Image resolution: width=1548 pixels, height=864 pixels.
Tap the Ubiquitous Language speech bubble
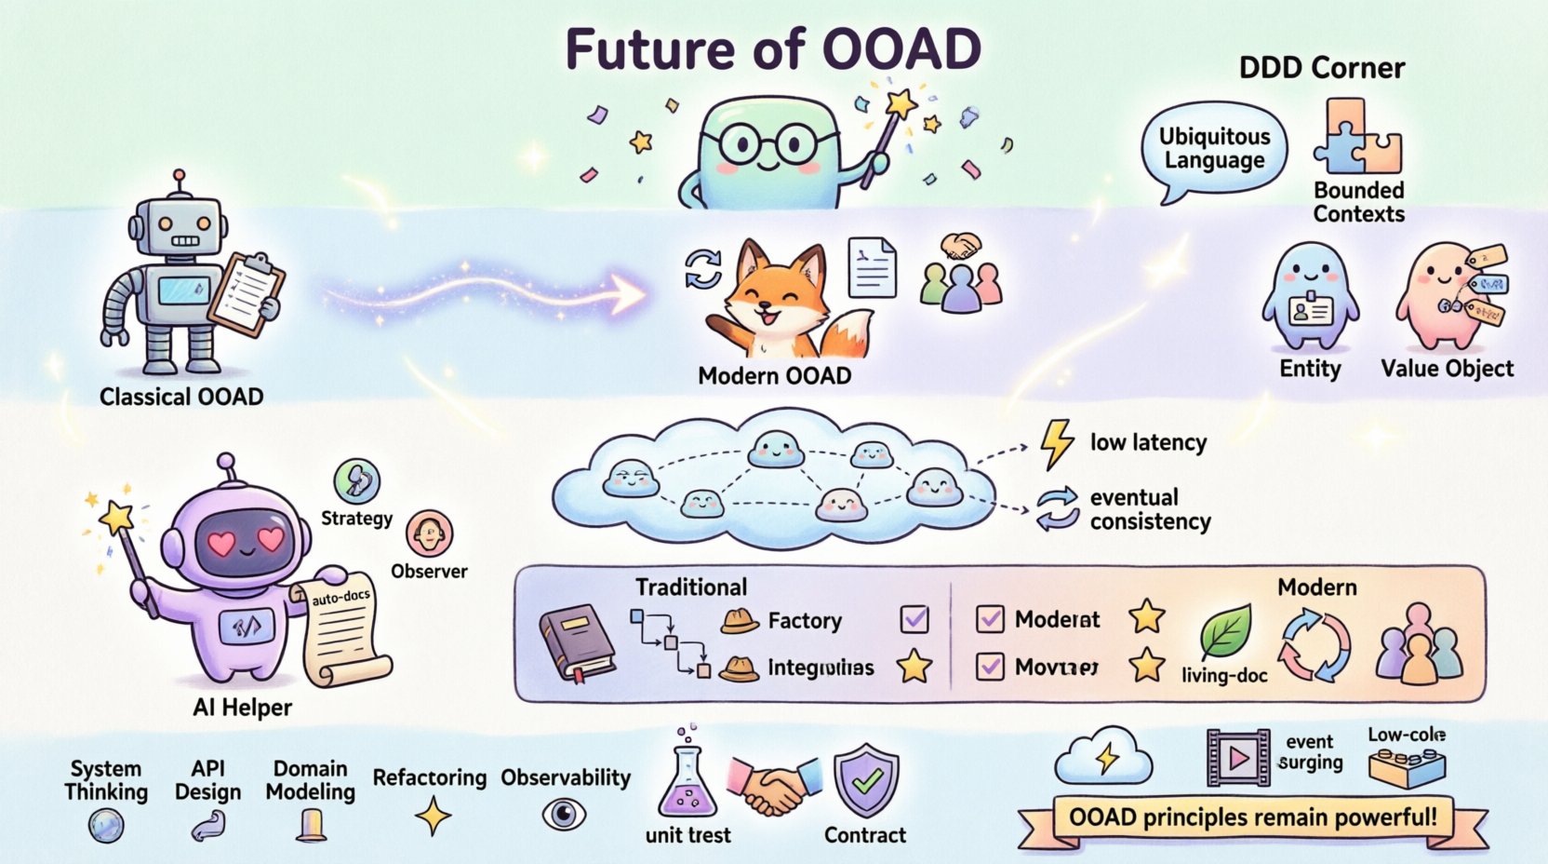click(x=1213, y=149)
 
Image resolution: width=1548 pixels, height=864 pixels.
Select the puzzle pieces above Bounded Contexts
click(x=1357, y=138)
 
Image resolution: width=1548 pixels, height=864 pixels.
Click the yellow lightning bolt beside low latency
click(x=1056, y=443)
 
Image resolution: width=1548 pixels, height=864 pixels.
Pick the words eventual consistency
click(x=1150, y=509)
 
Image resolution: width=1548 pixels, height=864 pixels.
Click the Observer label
click(x=429, y=571)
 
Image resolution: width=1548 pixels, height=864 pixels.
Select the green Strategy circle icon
click(x=356, y=481)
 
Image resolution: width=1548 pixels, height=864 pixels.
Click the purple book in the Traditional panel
click(x=577, y=642)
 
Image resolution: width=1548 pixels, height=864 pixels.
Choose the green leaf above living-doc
click(x=1225, y=631)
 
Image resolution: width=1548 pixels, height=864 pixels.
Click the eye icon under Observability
click(x=564, y=815)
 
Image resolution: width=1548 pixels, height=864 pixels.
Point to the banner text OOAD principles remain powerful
click(x=1252, y=817)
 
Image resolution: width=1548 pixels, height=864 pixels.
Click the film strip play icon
click(x=1238, y=758)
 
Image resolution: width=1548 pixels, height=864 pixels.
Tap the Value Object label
click(x=1447, y=369)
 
